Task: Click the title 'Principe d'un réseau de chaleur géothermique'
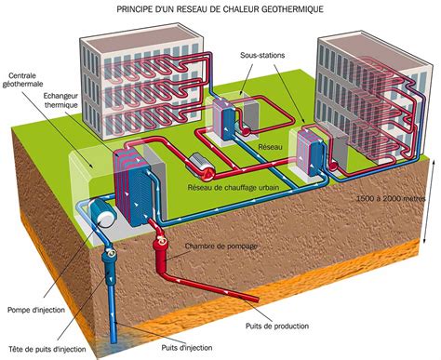[x=220, y=9]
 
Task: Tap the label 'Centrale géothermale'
[x=22, y=80]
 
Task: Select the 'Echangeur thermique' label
[x=60, y=100]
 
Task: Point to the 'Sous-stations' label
[x=262, y=56]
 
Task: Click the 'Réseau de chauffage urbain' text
[x=234, y=188]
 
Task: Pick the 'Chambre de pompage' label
[x=221, y=247]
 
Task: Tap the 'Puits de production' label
[x=277, y=327]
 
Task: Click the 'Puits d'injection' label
[x=187, y=348]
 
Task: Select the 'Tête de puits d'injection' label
[x=47, y=349]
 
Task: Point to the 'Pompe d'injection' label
[x=36, y=310]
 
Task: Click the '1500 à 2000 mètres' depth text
[x=391, y=198]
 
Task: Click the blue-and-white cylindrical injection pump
[x=101, y=213]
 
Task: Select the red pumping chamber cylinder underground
[x=160, y=248]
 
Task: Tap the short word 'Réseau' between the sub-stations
[x=270, y=147]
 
